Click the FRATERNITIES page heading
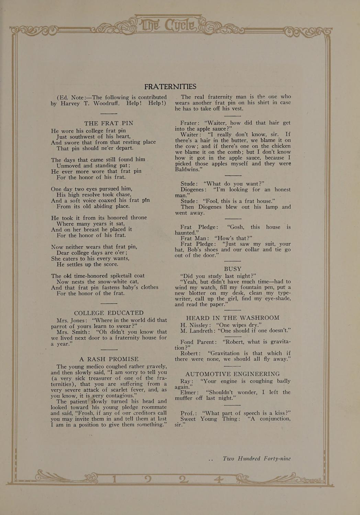[x=170, y=87]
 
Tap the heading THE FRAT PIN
[x=109, y=123]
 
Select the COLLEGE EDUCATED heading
[x=109, y=313]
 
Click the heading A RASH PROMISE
[x=109, y=359]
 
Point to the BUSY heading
[x=233, y=269]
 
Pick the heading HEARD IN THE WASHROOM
[x=233, y=318]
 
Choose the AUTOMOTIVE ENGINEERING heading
[x=233, y=374]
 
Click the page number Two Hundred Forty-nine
[x=256, y=459]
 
